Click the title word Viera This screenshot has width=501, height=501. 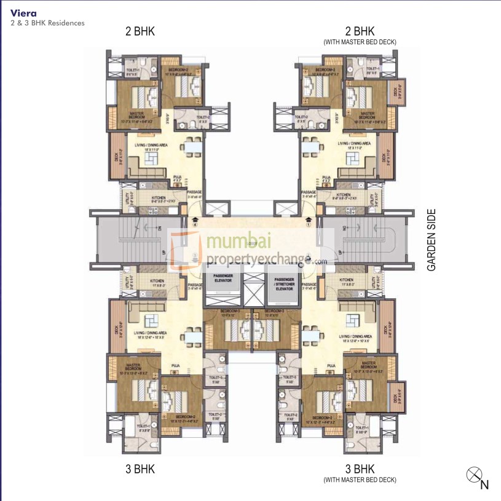[x=22, y=12]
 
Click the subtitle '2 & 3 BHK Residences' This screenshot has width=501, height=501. [x=47, y=23]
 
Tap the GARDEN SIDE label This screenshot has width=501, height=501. [x=432, y=240]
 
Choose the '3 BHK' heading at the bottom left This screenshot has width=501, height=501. [x=140, y=469]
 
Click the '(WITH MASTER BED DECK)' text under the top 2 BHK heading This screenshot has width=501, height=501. [x=360, y=42]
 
